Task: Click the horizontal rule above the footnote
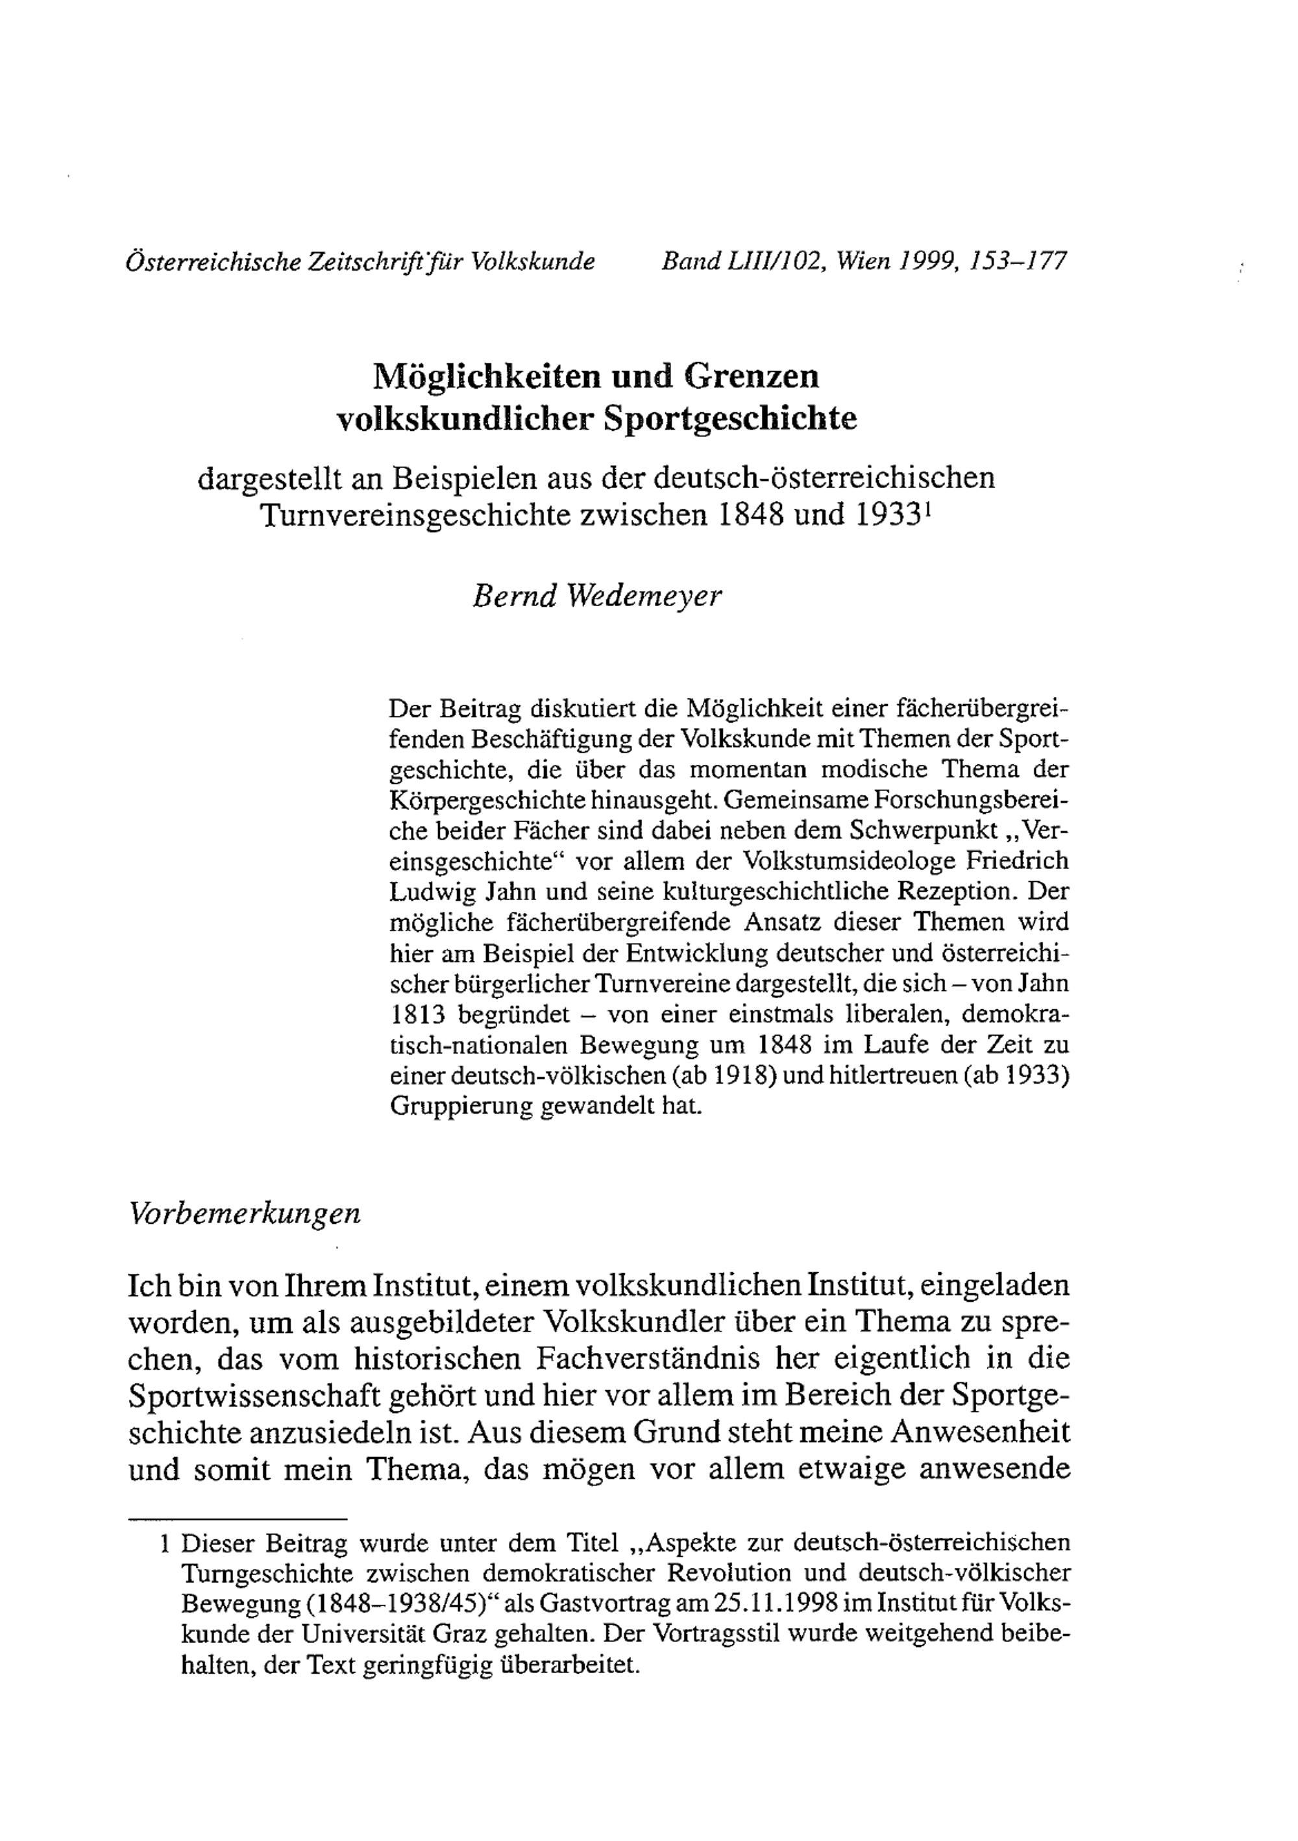coord(238,1518)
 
